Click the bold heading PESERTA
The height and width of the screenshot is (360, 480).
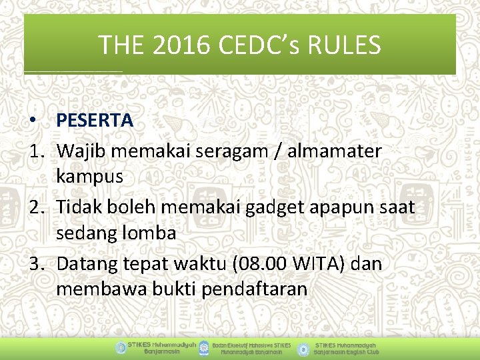(95, 120)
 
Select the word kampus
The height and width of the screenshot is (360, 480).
(90, 177)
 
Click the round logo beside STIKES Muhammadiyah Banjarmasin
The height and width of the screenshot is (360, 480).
(120, 348)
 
